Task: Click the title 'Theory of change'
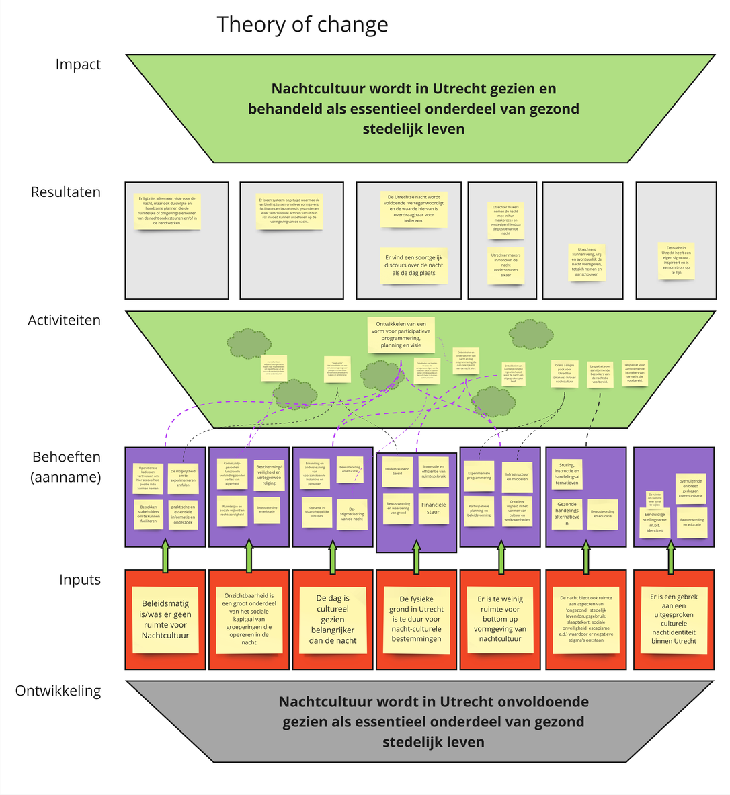click(302, 24)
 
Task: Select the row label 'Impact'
click(78, 65)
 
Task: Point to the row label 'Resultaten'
click(65, 192)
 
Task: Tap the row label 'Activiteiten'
click(64, 321)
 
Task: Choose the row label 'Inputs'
click(79, 580)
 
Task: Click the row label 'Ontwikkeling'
click(58, 691)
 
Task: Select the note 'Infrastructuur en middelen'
click(517, 476)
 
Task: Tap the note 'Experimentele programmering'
click(479, 475)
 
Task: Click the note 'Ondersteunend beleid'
click(397, 471)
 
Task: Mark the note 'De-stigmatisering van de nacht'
click(352, 513)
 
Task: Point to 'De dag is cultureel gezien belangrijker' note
click(333, 619)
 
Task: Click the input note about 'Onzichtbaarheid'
click(249, 619)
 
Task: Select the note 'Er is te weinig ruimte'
click(500, 619)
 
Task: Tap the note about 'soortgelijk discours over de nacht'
click(413, 265)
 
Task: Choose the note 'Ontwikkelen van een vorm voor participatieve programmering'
click(401, 334)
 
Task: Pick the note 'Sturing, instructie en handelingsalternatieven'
click(567, 473)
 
